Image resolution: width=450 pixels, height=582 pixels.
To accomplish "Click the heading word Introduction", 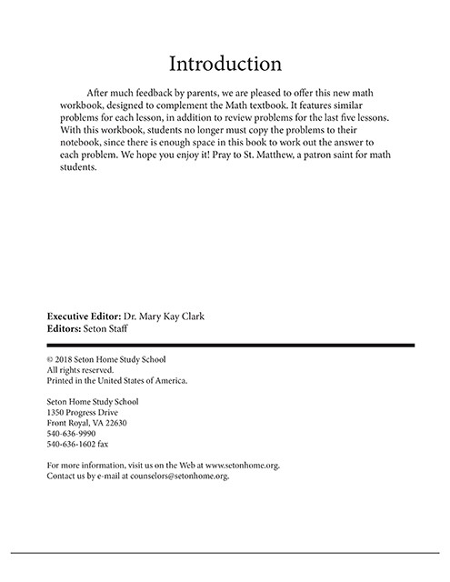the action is (225, 64).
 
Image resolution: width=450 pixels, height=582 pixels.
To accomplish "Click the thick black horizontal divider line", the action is (230, 346).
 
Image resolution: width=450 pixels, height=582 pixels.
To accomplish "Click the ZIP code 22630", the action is (113, 423).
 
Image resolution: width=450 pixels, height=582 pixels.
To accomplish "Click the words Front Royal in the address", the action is (69, 423).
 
